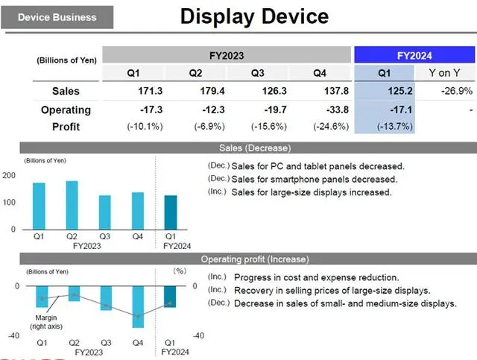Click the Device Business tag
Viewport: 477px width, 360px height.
[x=57, y=16]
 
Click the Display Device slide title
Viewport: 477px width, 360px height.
[x=254, y=16]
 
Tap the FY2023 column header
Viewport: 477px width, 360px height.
[x=226, y=55]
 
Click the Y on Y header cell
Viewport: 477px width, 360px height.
[x=445, y=72]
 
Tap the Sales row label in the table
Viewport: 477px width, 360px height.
[x=66, y=91]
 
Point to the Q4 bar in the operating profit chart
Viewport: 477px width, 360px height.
[x=138, y=307]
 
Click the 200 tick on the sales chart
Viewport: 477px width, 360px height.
[x=9, y=176]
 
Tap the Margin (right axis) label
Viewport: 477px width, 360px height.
[x=45, y=322]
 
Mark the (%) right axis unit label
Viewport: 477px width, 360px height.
[x=179, y=271]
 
